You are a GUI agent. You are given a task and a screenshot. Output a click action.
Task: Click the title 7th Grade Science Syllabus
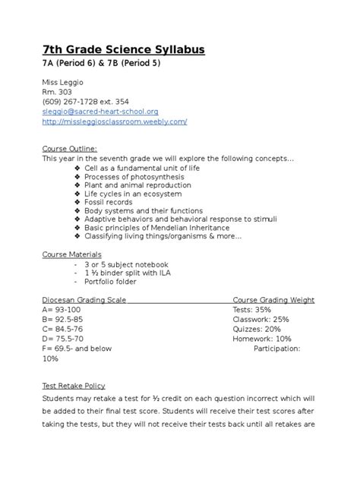tap(123, 49)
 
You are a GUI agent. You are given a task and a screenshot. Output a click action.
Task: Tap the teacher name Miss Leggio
tap(63, 81)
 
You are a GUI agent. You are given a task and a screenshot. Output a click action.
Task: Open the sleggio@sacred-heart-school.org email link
tap(99, 111)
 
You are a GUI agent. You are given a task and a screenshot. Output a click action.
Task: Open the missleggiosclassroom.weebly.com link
tap(114, 121)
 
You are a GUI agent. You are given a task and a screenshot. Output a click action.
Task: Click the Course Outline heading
tap(69, 148)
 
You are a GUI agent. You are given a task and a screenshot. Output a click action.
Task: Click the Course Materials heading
tap(72, 254)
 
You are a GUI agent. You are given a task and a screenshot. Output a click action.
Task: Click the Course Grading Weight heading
tap(273, 300)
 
